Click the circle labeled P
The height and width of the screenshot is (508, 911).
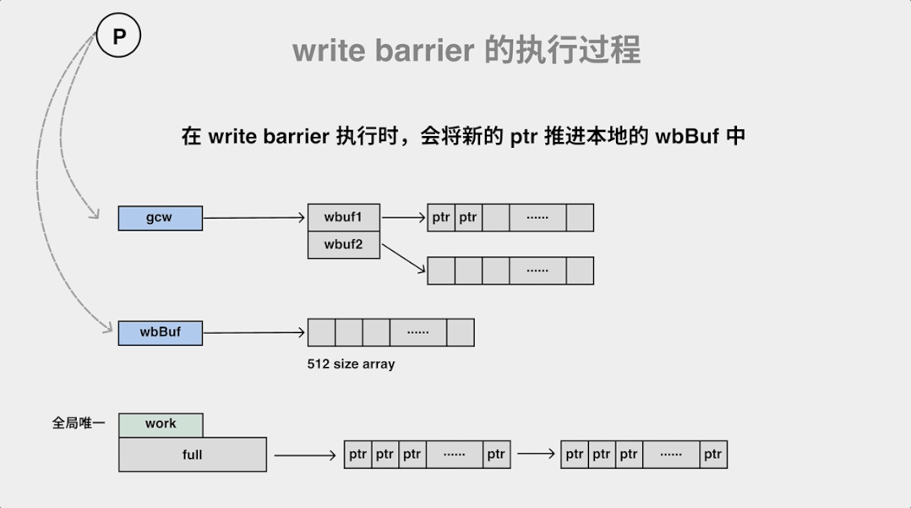pyautogui.click(x=118, y=36)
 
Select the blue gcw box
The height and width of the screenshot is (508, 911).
pyautogui.click(x=160, y=217)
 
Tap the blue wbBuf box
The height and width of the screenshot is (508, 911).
pyautogui.click(x=160, y=332)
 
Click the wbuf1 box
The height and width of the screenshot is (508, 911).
pyautogui.click(x=343, y=216)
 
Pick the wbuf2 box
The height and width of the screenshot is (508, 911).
pyautogui.click(x=343, y=245)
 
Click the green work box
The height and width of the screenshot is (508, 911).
pyautogui.click(x=161, y=424)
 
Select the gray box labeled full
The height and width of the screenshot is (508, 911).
pyautogui.click(x=193, y=455)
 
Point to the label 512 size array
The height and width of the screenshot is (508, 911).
pyautogui.click(x=351, y=364)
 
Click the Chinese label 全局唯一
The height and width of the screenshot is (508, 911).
pyautogui.click(x=79, y=423)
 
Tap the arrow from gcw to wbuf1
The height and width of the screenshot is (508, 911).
pyautogui.click(x=254, y=218)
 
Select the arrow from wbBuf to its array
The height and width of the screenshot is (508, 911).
pyautogui.click(x=254, y=332)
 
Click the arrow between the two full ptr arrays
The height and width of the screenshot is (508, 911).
pyautogui.click(x=536, y=454)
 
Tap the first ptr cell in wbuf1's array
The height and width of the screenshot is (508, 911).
pyautogui.click(x=441, y=217)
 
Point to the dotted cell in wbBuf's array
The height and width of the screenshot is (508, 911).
pyautogui.click(x=417, y=332)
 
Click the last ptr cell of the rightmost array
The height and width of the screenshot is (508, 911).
pyautogui.click(x=713, y=454)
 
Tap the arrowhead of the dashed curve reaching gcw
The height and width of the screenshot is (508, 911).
pyautogui.click(x=95, y=217)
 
